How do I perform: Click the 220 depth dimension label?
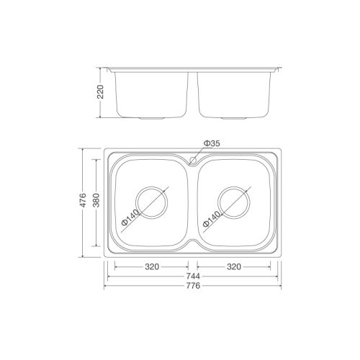tap(102, 92)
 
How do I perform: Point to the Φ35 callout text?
tap(212, 144)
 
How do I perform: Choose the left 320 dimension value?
tap(151, 266)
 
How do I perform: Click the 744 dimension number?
tap(192, 276)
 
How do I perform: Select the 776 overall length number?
tap(192, 286)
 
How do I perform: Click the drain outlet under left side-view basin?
tap(152, 117)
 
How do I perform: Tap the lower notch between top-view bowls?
tap(192, 245)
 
